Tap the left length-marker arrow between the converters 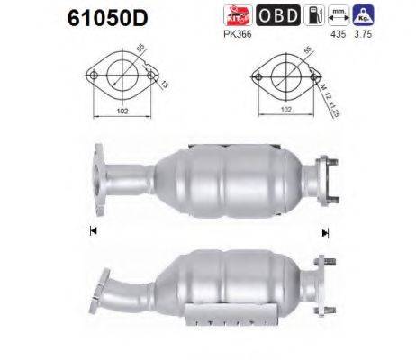point(92,230)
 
